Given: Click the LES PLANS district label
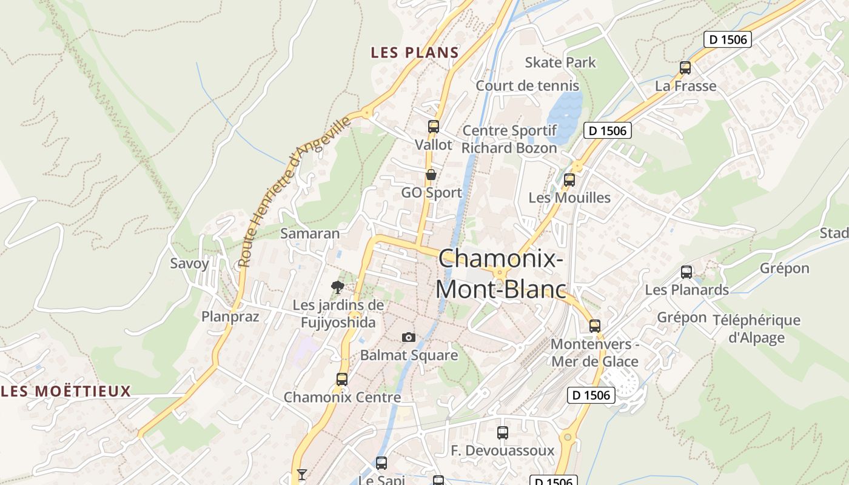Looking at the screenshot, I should (415, 52).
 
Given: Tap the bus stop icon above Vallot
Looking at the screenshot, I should (434, 127).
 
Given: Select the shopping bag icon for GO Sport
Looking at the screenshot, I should (431, 175).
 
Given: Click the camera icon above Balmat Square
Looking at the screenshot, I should (409, 337).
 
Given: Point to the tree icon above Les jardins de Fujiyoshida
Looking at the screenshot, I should (338, 287).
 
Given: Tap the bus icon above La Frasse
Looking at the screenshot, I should (685, 68).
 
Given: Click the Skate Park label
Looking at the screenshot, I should (560, 62).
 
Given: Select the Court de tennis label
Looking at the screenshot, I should (527, 85).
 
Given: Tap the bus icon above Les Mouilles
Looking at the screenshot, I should (569, 180).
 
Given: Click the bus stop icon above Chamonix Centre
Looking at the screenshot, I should (342, 380).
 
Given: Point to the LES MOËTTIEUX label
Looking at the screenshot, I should (66, 391).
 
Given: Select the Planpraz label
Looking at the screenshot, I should (230, 316).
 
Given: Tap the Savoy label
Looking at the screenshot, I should (189, 263).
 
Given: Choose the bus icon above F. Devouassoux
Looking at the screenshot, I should (503, 433).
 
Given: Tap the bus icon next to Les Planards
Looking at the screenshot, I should (686, 272).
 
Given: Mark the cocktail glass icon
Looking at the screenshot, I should (301, 474).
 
